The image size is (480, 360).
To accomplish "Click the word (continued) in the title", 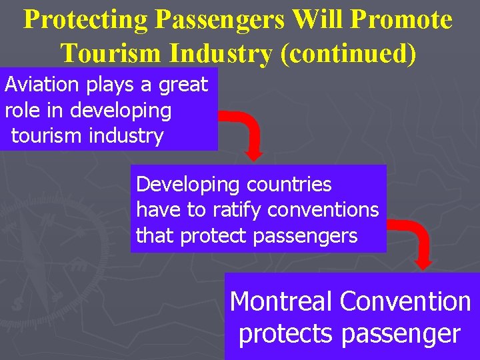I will (349, 52).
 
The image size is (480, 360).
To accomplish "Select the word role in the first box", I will (18, 110).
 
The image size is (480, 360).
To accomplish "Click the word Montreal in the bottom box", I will (281, 301).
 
